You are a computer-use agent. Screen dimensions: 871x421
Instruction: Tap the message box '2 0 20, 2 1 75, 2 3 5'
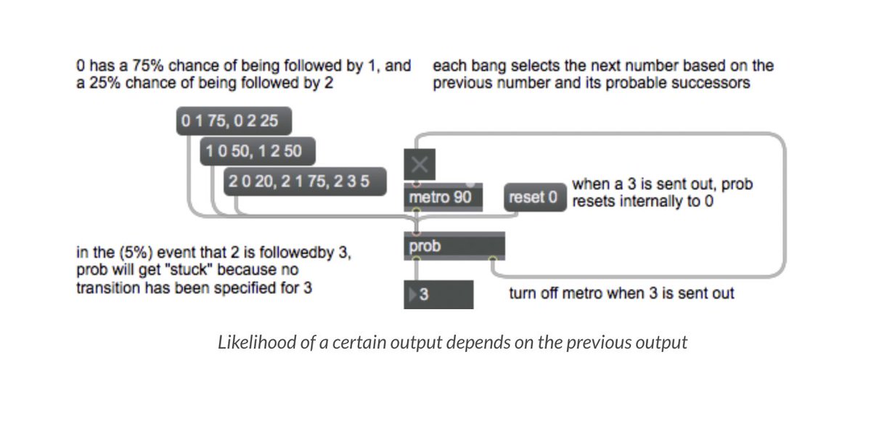click(x=305, y=181)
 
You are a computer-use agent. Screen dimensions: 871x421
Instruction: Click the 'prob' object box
click(x=454, y=246)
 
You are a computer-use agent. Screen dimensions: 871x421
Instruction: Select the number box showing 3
click(x=438, y=295)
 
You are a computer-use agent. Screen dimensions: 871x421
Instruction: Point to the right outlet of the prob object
click(x=493, y=258)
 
